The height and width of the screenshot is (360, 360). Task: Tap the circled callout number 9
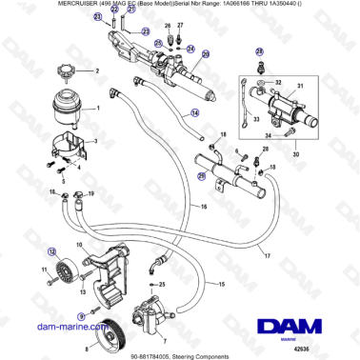click(81, 314)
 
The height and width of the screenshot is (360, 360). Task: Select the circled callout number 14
click(195, 113)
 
